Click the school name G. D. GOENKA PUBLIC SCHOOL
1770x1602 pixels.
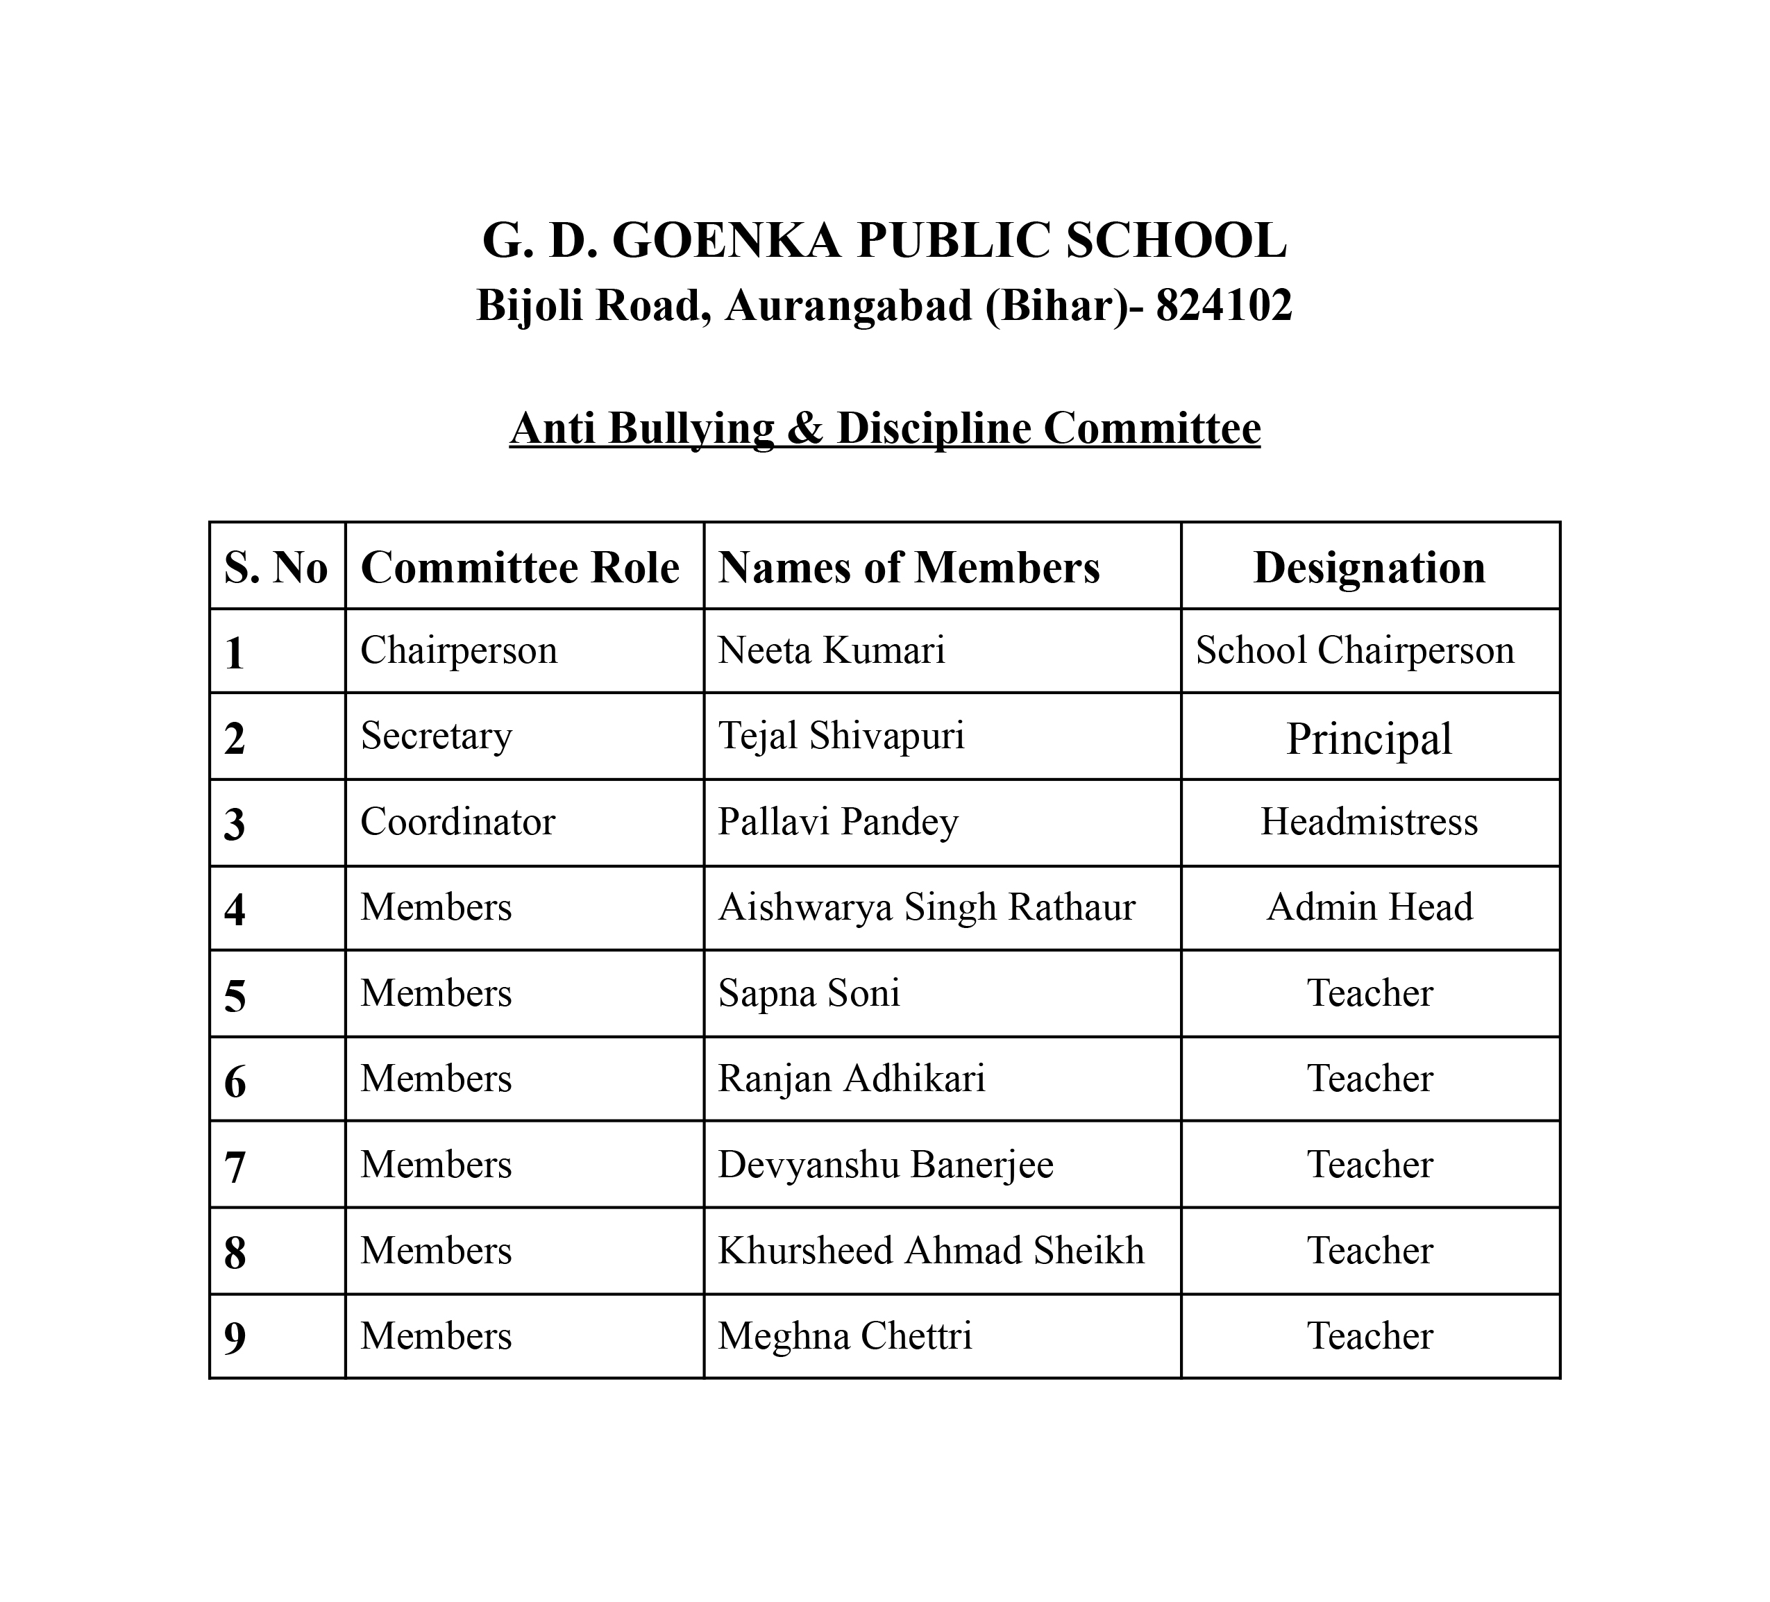click(884, 241)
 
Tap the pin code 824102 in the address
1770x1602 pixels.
click(1224, 306)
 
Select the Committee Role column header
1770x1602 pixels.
click(520, 567)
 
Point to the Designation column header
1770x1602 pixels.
click(1369, 567)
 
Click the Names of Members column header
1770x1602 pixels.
click(909, 567)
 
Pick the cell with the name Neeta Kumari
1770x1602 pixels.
click(832, 650)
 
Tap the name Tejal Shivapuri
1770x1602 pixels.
click(841, 736)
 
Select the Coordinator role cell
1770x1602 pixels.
click(457, 822)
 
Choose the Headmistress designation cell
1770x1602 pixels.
click(1369, 822)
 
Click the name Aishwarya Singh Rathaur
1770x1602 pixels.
click(926, 907)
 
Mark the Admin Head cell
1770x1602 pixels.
click(1369, 907)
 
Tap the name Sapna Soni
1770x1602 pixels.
click(809, 993)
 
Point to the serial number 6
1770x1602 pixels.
click(235, 1082)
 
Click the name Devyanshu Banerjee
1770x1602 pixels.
click(885, 1165)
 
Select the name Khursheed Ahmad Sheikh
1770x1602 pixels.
click(931, 1251)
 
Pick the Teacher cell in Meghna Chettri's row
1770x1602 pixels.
click(1369, 1336)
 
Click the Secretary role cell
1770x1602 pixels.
click(437, 736)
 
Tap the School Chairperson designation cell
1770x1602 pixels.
click(1355, 650)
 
